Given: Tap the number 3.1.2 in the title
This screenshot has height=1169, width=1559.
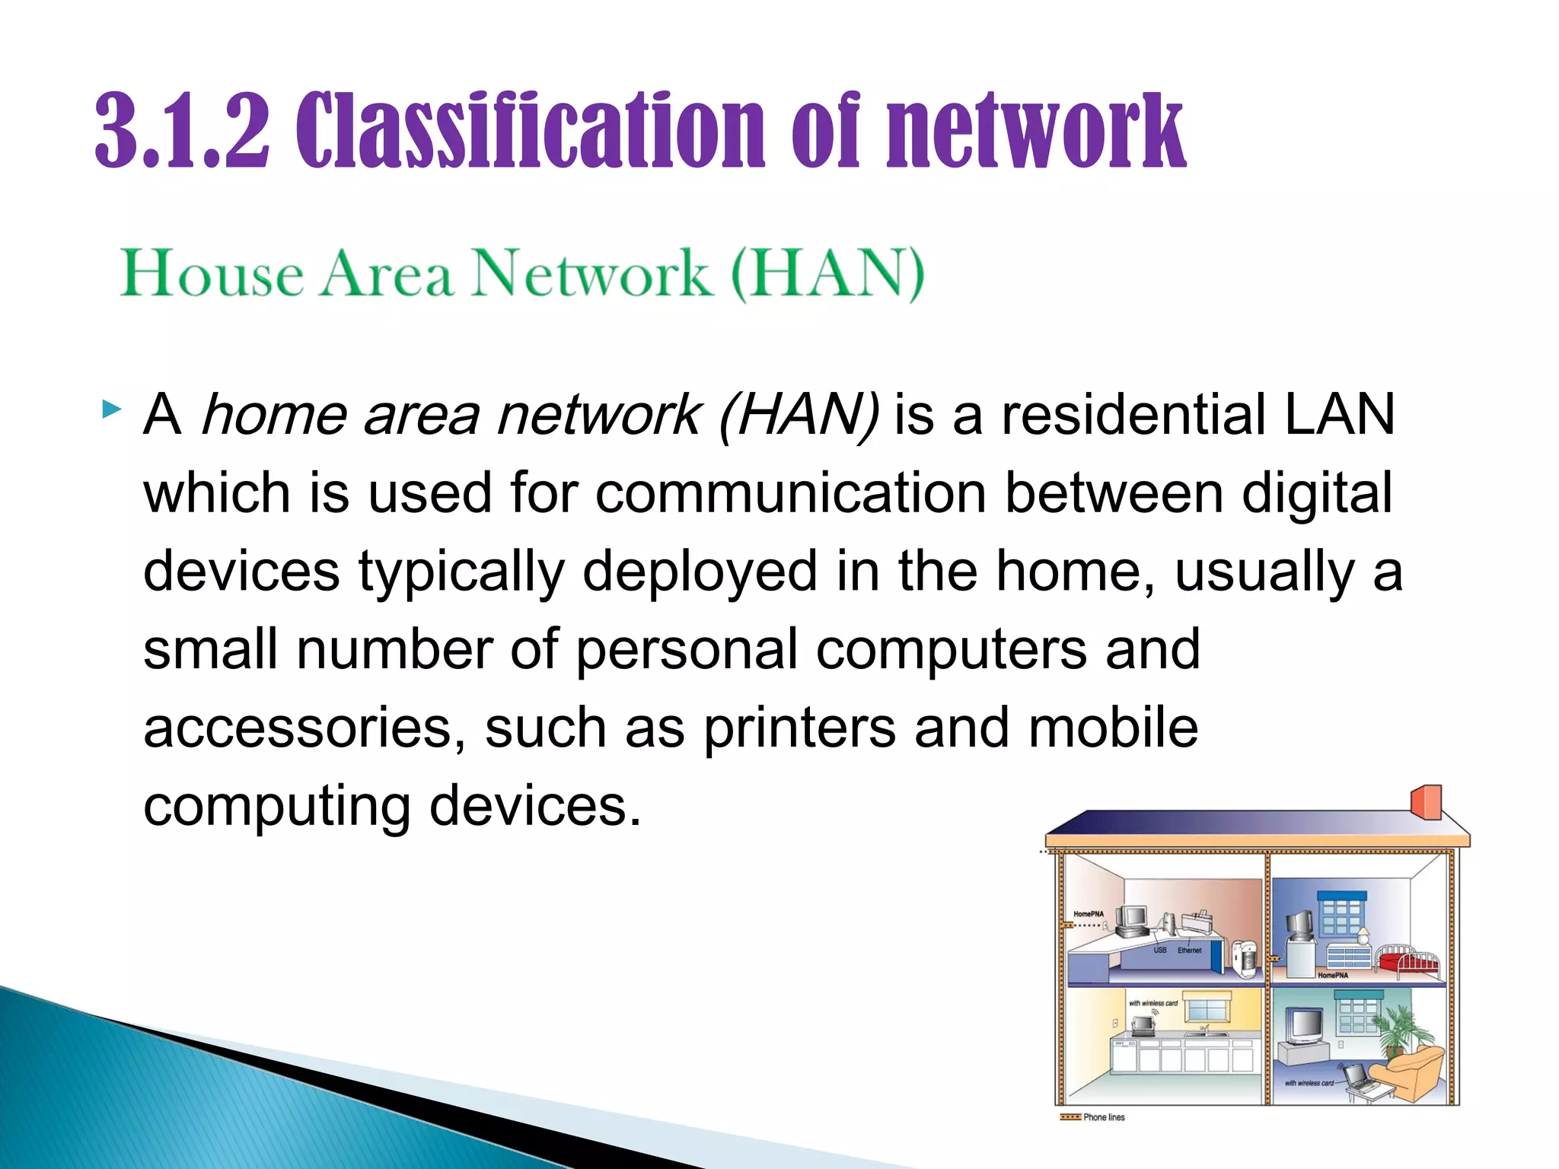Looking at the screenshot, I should coord(183,131).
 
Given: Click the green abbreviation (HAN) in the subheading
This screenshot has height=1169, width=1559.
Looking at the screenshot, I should coord(827,274).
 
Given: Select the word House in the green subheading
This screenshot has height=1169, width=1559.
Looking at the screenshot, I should coord(212,274).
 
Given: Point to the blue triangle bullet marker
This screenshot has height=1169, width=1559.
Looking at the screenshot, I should coord(111,411).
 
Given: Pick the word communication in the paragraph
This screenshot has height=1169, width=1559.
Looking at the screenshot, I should coord(791,493).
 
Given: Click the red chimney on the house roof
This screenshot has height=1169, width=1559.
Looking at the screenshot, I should coord(1426,802).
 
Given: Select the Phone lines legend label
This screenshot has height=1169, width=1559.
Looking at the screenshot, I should coord(1103,1117).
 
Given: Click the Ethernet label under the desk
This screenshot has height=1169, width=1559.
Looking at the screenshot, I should coord(1189,951).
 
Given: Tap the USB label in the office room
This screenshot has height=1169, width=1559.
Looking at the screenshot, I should coord(1159,951).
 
